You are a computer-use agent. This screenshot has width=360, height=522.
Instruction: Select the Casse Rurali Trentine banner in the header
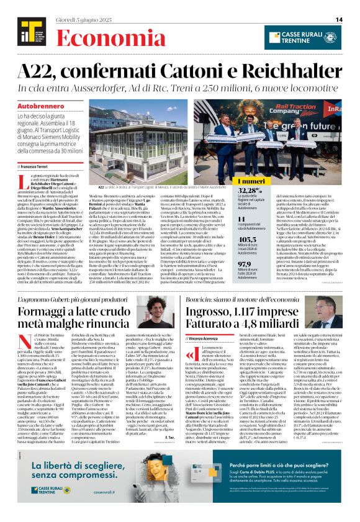coord(312,37)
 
